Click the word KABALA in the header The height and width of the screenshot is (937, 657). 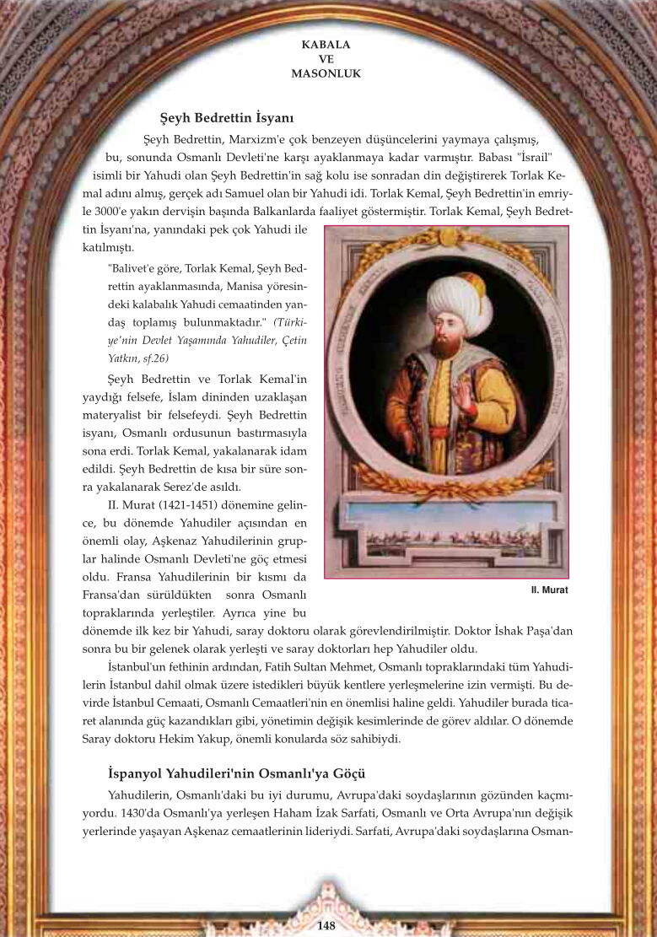(x=326, y=44)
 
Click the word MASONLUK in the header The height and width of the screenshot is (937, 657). (x=326, y=73)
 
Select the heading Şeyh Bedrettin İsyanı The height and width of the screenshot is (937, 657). (x=226, y=118)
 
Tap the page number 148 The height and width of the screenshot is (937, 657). (x=326, y=925)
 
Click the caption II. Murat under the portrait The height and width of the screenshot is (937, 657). (x=549, y=590)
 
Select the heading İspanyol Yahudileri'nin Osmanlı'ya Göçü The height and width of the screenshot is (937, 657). (x=236, y=773)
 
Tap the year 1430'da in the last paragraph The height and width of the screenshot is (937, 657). (x=126, y=814)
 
